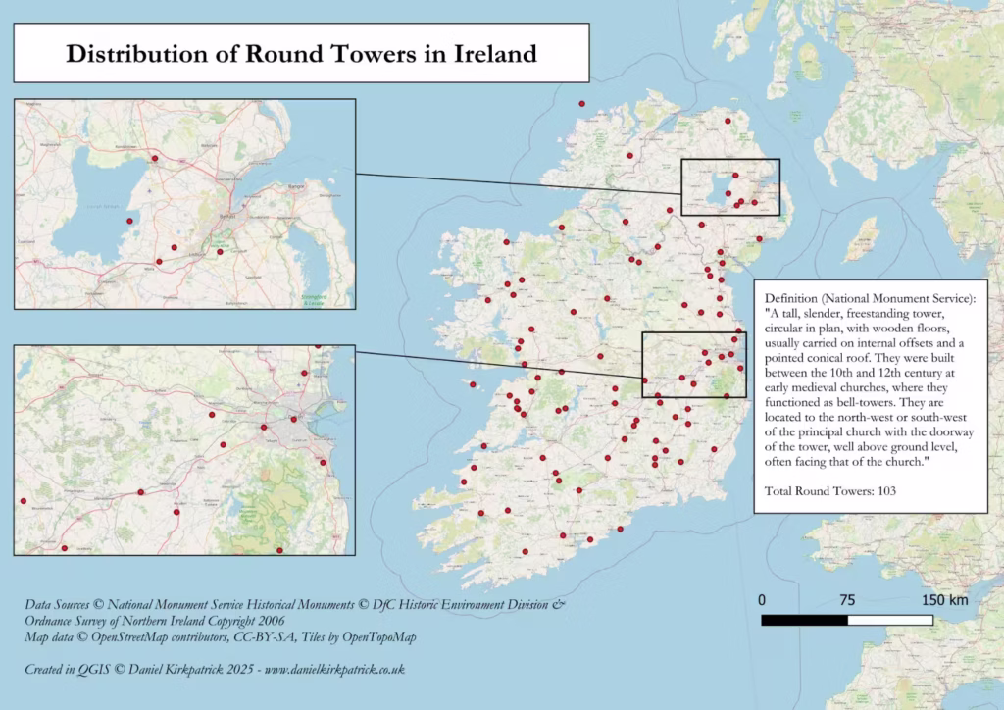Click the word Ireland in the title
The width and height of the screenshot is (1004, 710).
click(x=495, y=53)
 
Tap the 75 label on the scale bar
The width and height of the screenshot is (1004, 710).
click(x=847, y=600)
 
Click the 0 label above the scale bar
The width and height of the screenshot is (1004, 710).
click(x=762, y=600)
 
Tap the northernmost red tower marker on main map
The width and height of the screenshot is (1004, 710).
click(x=581, y=103)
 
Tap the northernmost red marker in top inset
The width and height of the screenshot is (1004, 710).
click(x=154, y=158)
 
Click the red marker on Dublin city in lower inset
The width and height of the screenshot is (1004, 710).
click(x=265, y=427)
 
